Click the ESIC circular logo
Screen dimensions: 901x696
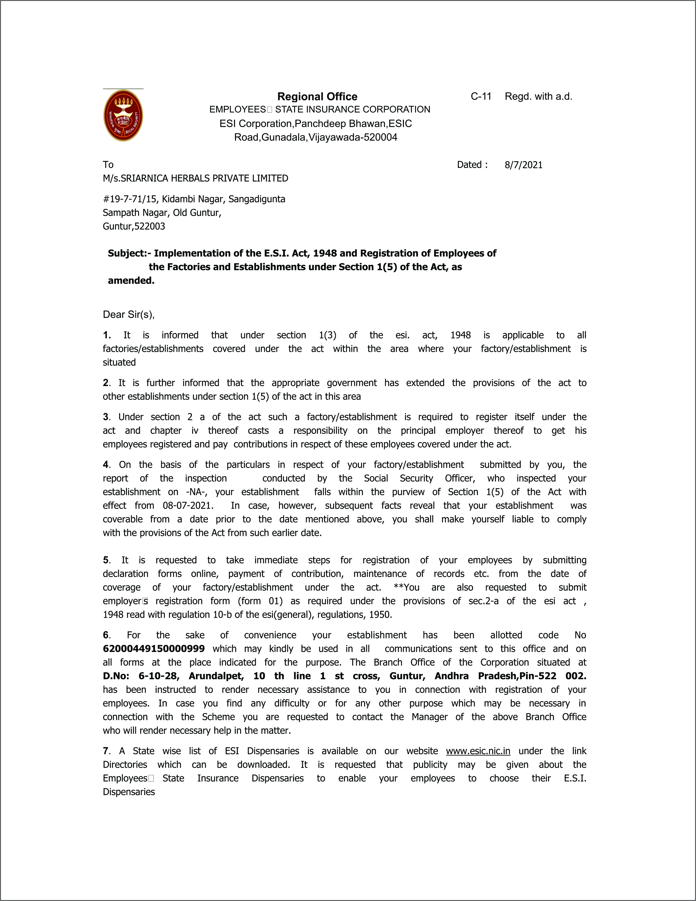point(123,116)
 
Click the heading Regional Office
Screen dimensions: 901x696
point(317,97)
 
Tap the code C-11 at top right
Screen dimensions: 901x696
point(481,97)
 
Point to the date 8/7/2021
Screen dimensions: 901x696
point(523,165)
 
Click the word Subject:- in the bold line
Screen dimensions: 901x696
point(129,253)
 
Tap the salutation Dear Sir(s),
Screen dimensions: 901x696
point(129,315)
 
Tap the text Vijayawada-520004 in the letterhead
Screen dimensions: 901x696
point(353,137)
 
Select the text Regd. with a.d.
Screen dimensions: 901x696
point(538,97)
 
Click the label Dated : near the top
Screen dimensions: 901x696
point(472,165)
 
